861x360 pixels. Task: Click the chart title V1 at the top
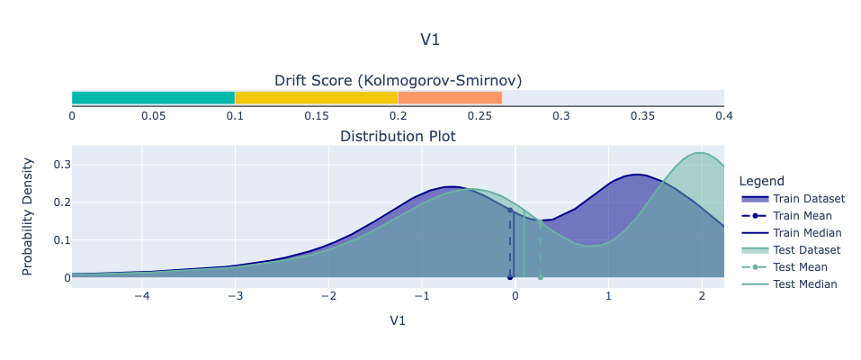430,40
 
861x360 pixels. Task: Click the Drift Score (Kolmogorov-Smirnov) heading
398,79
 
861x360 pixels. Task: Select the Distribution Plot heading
398,137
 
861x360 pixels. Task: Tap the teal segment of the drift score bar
153,97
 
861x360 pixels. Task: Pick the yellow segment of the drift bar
316,97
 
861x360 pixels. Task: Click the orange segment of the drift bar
450,97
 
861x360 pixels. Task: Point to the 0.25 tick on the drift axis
480,116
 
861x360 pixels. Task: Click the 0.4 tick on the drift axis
723,116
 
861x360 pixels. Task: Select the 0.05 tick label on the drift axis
153,116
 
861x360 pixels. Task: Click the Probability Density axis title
28,216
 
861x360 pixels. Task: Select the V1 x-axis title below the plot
398,320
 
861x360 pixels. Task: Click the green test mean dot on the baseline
540,277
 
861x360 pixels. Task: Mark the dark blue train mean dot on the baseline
509,277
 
